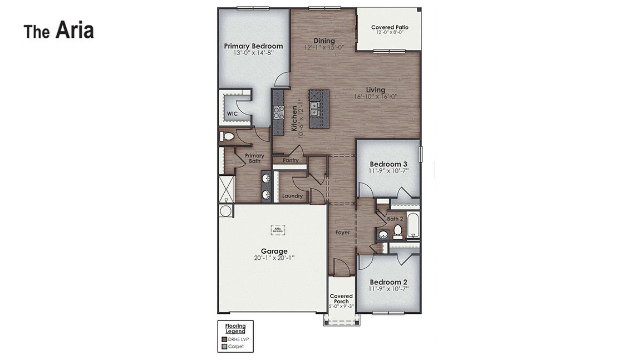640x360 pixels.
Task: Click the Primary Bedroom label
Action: tap(253, 46)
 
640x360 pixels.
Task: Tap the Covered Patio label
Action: tap(390, 27)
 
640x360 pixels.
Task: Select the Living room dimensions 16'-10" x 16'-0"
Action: tap(375, 97)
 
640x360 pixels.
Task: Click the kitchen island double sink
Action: tap(314, 109)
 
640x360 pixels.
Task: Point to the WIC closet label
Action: tap(232, 114)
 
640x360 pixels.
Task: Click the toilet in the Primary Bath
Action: tap(227, 136)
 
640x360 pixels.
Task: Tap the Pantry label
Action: tap(290, 160)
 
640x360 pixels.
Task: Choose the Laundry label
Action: tap(292, 196)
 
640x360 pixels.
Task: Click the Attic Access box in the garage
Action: tap(278, 230)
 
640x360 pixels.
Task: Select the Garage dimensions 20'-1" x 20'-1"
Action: tap(274, 258)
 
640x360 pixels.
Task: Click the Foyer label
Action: tap(343, 233)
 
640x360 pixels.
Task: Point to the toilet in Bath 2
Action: tap(398, 230)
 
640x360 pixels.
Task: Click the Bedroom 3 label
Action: tap(388, 164)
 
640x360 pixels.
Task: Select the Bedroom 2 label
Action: tap(388, 282)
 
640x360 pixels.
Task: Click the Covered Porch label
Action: tap(341, 299)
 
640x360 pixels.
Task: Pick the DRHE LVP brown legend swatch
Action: tap(224, 339)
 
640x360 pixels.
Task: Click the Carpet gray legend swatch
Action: tap(224, 347)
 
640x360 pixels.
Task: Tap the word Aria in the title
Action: tap(75, 30)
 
